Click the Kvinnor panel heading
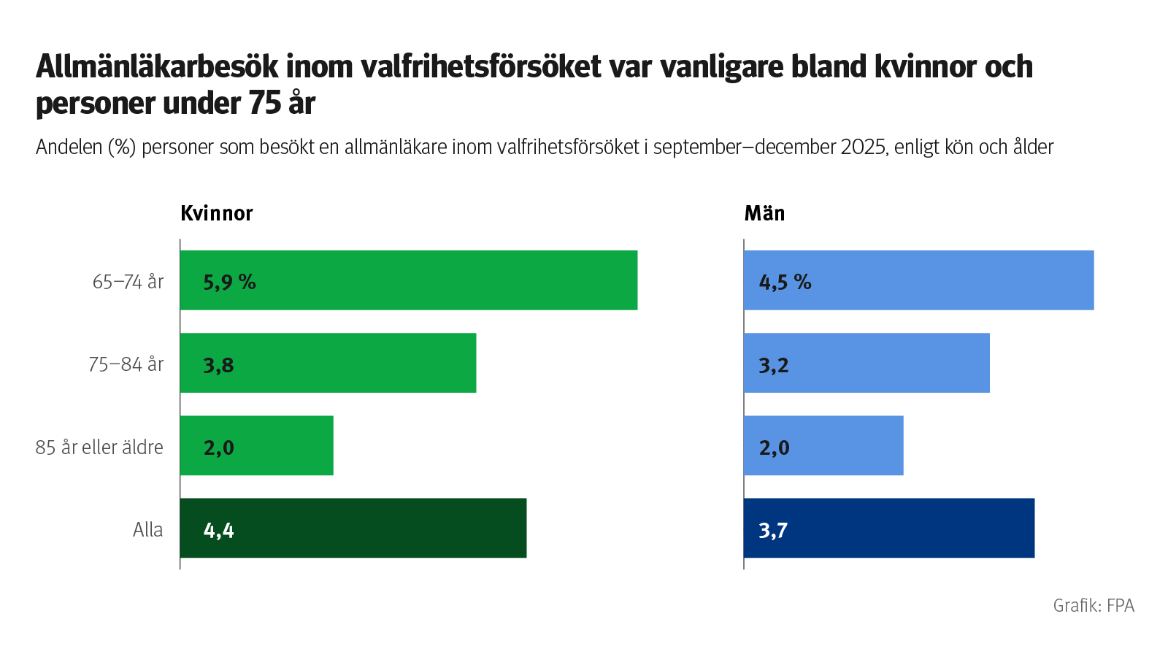pyautogui.click(x=216, y=213)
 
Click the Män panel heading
pyautogui.click(x=764, y=213)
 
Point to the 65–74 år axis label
pyautogui.click(x=128, y=282)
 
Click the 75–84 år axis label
pyautogui.click(x=126, y=364)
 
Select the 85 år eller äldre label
pyautogui.click(x=99, y=447)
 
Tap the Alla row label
pyautogui.click(x=147, y=529)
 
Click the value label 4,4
pyautogui.click(x=218, y=530)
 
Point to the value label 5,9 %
pyautogui.click(x=229, y=282)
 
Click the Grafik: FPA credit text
pyautogui.click(x=1093, y=605)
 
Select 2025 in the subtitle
pyautogui.click(x=864, y=147)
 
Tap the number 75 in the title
pyautogui.click(x=265, y=103)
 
